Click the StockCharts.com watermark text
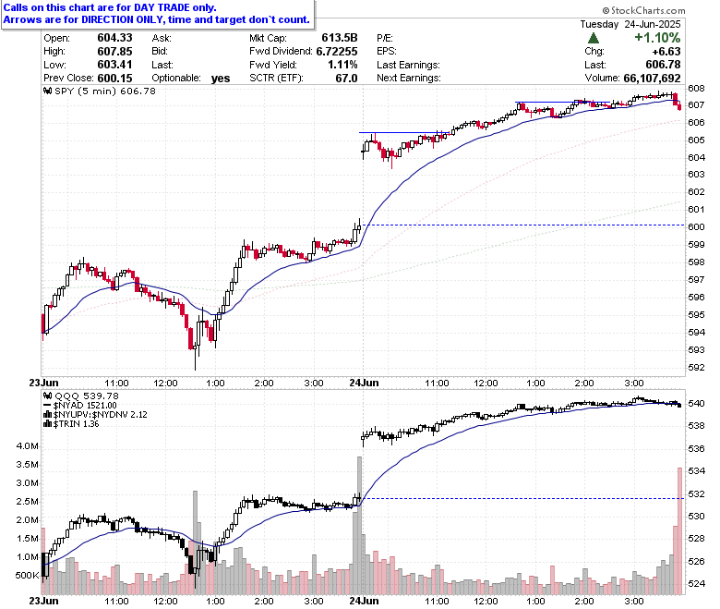point(643,10)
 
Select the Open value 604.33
point(114,38)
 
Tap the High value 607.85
point(114,52)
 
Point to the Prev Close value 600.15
point(114,79)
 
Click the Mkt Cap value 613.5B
point(340,38)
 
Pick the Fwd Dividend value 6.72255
point(337,52)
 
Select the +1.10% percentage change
point(657,38)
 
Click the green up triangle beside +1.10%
point(594,38)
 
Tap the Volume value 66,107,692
point(652,79)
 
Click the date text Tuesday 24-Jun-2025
point(630,24)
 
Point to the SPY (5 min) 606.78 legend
point(100,91)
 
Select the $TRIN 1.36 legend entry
point(71,424)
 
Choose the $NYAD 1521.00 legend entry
point(80,406)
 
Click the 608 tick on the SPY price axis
point(696,88)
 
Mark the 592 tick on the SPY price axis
point(696,367)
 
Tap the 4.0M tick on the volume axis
point(27,445)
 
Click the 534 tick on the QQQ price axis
point(696,471)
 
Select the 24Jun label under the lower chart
point(364,601)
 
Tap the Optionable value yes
point(221,79)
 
